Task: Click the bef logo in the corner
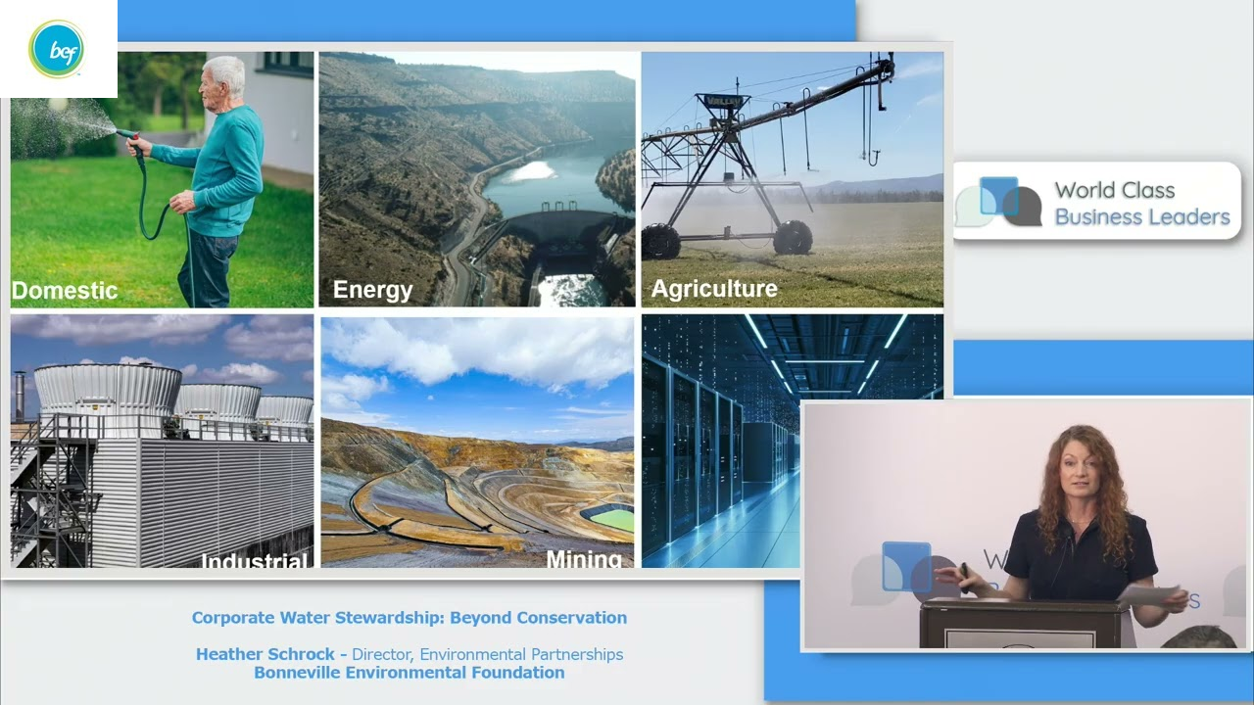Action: point(57,49)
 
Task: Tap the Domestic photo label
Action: point(65,291)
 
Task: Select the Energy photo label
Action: point(372,290)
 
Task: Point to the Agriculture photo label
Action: point(714,289)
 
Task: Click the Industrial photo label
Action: point(255,561)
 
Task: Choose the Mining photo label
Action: point(584,559)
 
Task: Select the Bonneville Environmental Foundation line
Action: point(409,673)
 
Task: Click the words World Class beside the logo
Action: point(1114,190)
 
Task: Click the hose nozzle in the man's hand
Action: point(124,134)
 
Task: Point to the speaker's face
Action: point(1077,475)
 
